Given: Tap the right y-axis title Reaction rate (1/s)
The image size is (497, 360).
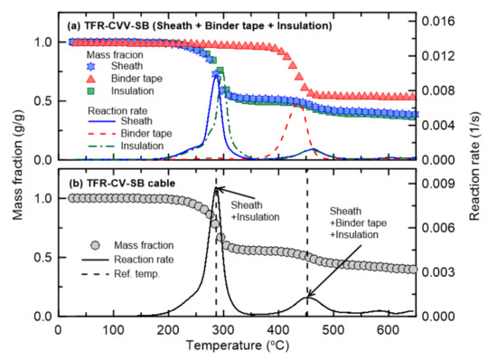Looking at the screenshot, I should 485,172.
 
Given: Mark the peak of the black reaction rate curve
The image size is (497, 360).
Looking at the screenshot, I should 216,187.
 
